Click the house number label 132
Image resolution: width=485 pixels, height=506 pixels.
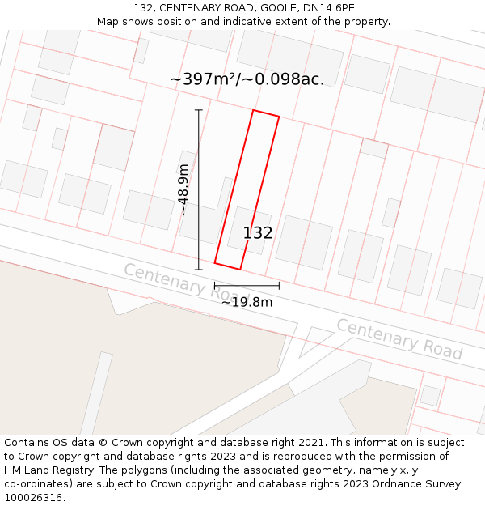click(258, 233)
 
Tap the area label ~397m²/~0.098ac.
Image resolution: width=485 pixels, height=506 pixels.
click(247, 79)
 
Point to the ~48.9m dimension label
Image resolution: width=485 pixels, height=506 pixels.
click(183, 189)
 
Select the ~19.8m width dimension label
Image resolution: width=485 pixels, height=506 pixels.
click(247, 302)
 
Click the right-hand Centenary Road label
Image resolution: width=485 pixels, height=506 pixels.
click(399, 339)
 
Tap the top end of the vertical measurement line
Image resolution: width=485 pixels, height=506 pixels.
click(199, 110)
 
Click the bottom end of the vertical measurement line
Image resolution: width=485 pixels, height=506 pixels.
click(199, 270)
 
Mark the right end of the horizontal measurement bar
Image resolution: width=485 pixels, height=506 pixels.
click(279, 286)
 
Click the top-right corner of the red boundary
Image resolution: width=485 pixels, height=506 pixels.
click(279, 117)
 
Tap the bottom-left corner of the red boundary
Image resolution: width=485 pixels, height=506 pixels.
click(215, 262)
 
